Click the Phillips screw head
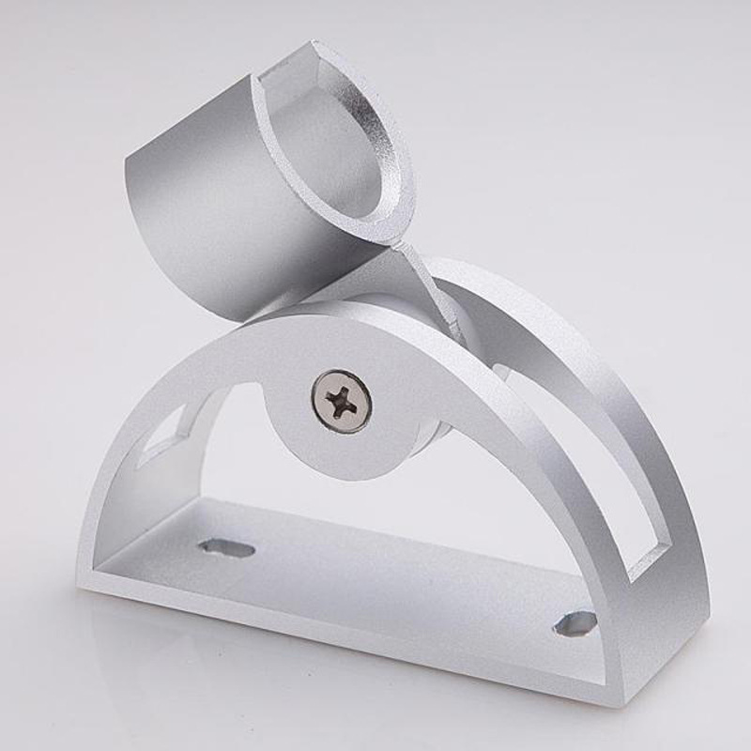(x=342, y=401)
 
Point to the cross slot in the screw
(x=342, y=402)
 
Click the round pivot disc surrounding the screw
(x=310, y=441)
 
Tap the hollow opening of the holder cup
(x=343, y=141)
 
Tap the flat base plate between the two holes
(x=394, y=573)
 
